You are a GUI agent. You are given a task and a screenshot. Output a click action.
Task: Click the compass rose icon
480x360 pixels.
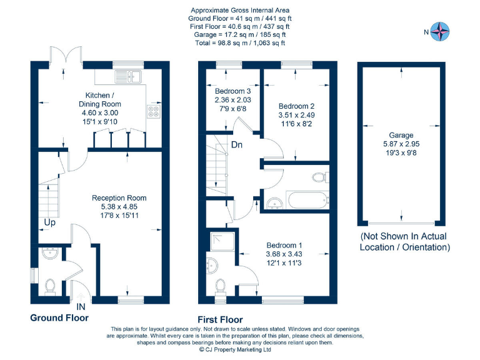440,31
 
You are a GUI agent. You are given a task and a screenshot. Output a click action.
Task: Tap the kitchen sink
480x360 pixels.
128,76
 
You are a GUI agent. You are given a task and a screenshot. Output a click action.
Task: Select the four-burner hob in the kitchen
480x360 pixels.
153,111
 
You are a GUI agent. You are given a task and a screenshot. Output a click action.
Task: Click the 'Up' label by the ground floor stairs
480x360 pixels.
50,222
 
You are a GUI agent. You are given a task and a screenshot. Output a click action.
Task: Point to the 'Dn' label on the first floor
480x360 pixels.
237,144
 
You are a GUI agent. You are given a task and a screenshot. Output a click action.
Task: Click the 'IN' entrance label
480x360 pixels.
81,306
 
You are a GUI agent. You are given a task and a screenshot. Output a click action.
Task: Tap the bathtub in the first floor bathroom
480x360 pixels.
307,200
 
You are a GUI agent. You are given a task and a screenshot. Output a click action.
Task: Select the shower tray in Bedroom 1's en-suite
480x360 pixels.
223,242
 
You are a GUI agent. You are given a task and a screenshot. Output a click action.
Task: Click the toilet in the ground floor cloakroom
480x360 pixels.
50,287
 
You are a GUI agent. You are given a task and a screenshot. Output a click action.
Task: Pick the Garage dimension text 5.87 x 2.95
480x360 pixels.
401,144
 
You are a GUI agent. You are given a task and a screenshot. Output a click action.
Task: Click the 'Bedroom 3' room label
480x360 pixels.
232,91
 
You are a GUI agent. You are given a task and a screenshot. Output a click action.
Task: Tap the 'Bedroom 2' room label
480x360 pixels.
296,106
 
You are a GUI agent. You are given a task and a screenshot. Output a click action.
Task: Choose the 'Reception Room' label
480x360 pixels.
119,197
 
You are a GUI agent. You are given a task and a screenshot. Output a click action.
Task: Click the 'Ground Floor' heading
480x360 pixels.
59,317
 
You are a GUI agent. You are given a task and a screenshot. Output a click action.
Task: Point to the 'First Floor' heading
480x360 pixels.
220,319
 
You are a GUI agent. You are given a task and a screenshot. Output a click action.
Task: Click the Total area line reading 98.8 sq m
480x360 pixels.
240,43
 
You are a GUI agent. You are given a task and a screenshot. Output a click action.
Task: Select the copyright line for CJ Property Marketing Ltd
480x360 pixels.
235,349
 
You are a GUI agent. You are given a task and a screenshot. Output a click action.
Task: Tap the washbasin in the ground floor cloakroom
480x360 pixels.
50,253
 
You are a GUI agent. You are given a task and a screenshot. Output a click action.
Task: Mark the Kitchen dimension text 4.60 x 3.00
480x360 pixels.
100,112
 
